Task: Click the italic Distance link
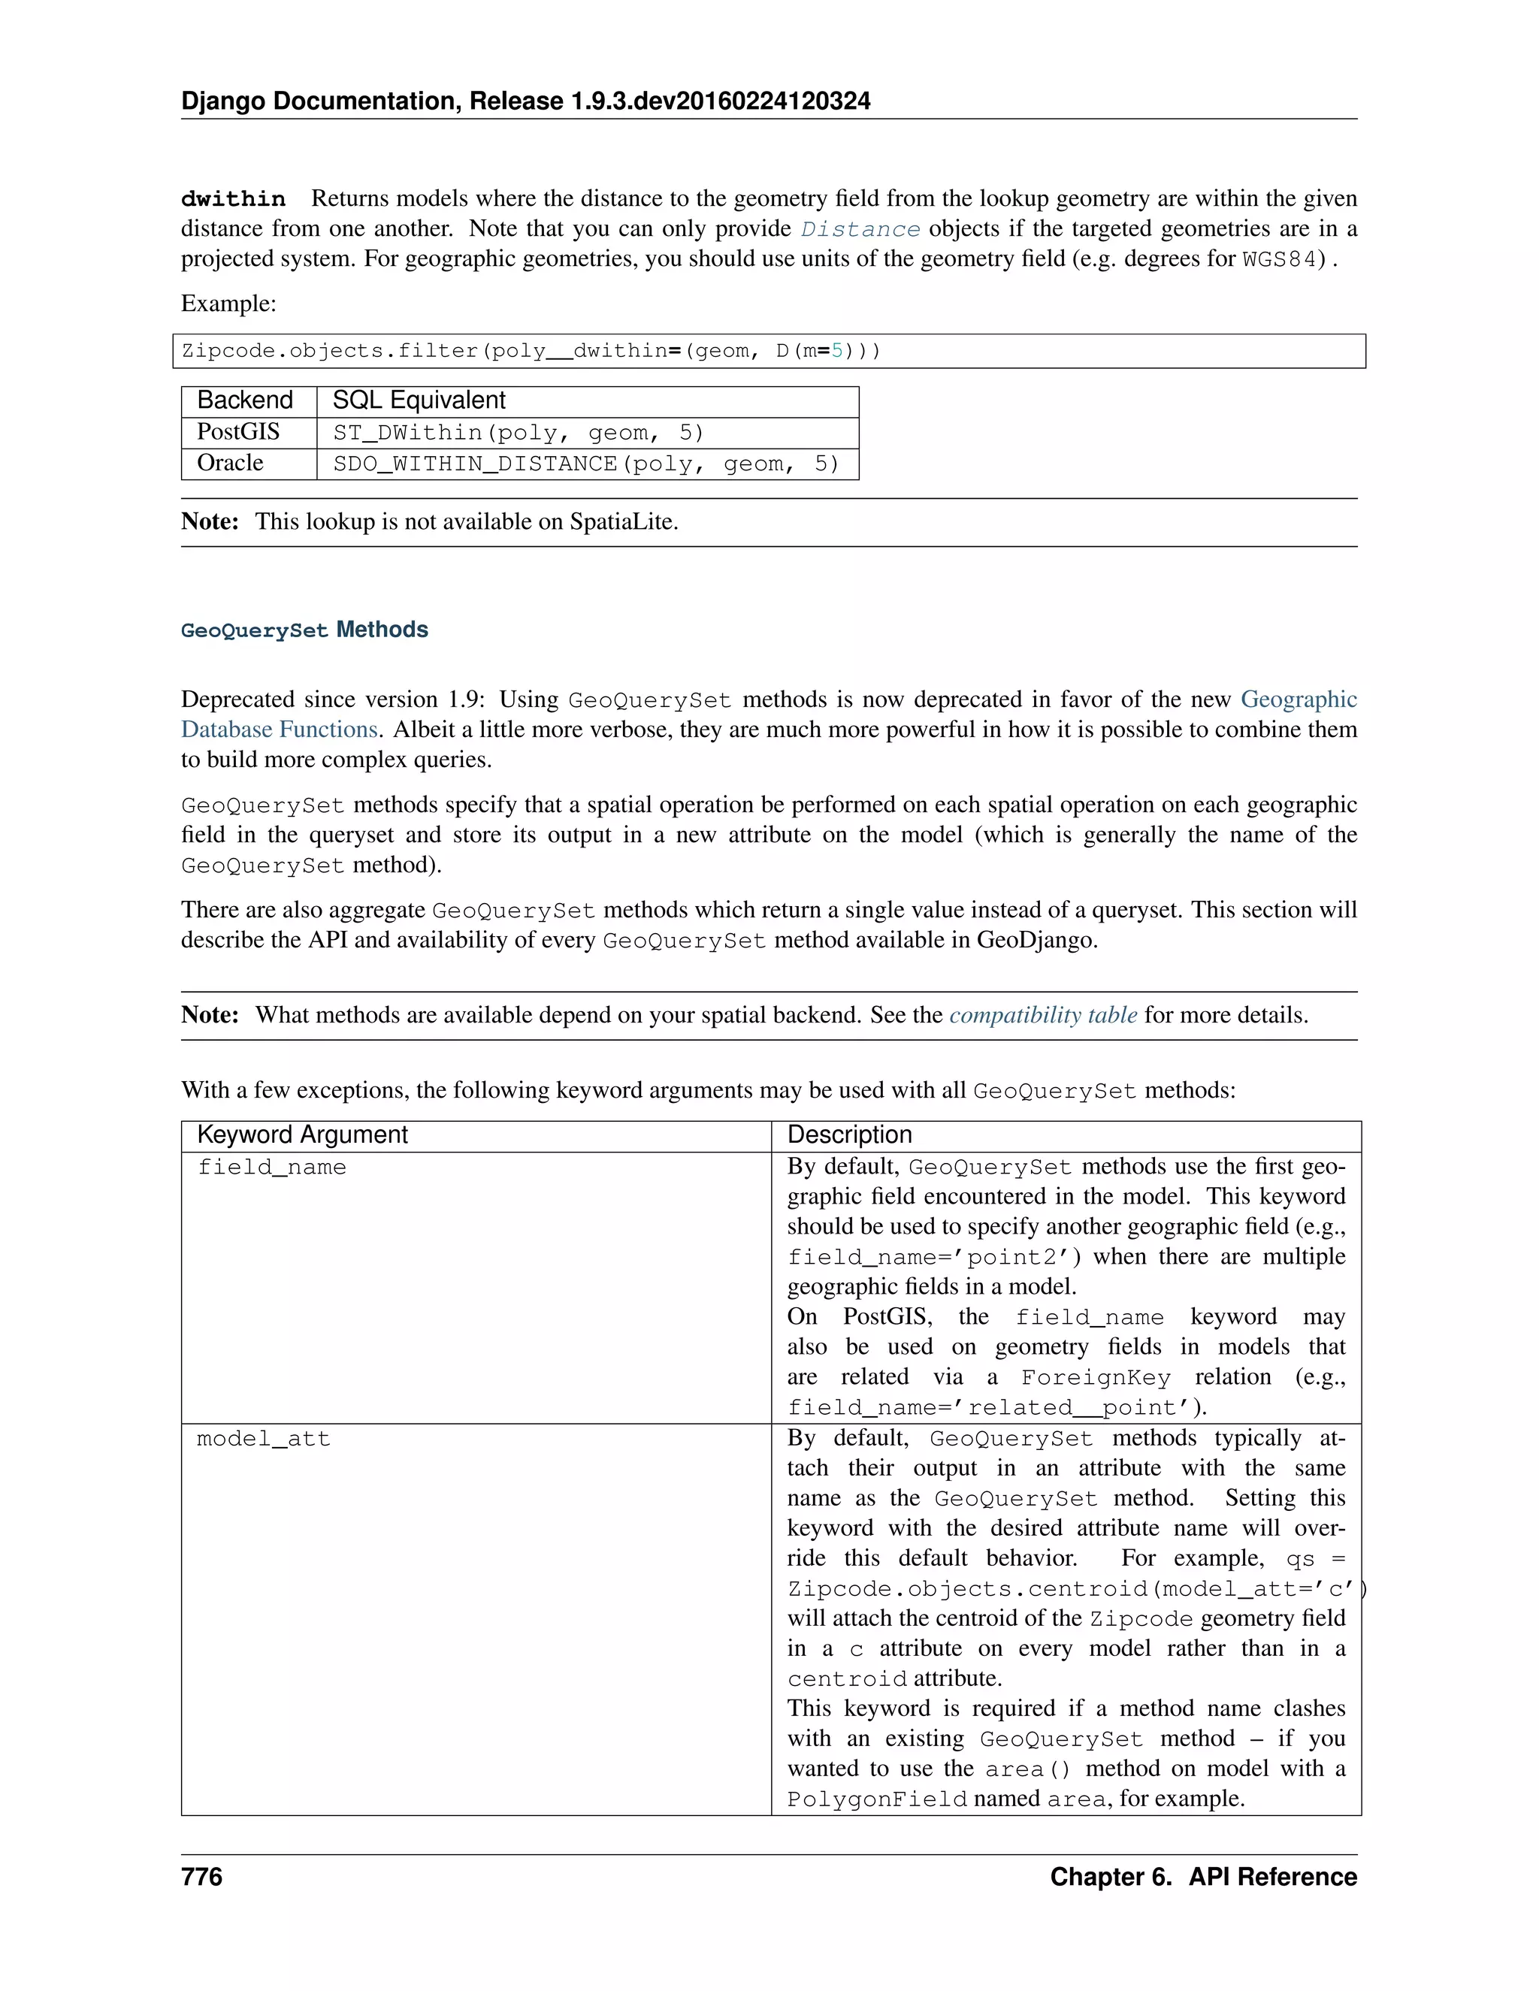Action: click(860, 229)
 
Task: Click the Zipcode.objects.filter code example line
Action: click(531, 351)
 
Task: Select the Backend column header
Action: click(244, 400)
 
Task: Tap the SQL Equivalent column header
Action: click(419, 400)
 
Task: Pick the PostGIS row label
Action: click(238, 432)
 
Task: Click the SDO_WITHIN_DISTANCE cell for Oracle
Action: click(585, 464)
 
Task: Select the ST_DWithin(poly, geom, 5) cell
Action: click(518, 433)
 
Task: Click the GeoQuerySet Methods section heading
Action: click(304, 630)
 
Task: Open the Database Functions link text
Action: click(279, 730)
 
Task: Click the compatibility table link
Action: click(1043, 1016)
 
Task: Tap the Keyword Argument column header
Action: click(302, 1135)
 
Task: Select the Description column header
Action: click(849, 1135)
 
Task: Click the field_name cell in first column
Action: click(272, 1168)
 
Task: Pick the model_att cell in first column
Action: click(264, 1440)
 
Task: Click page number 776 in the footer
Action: click(201, 1877)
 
